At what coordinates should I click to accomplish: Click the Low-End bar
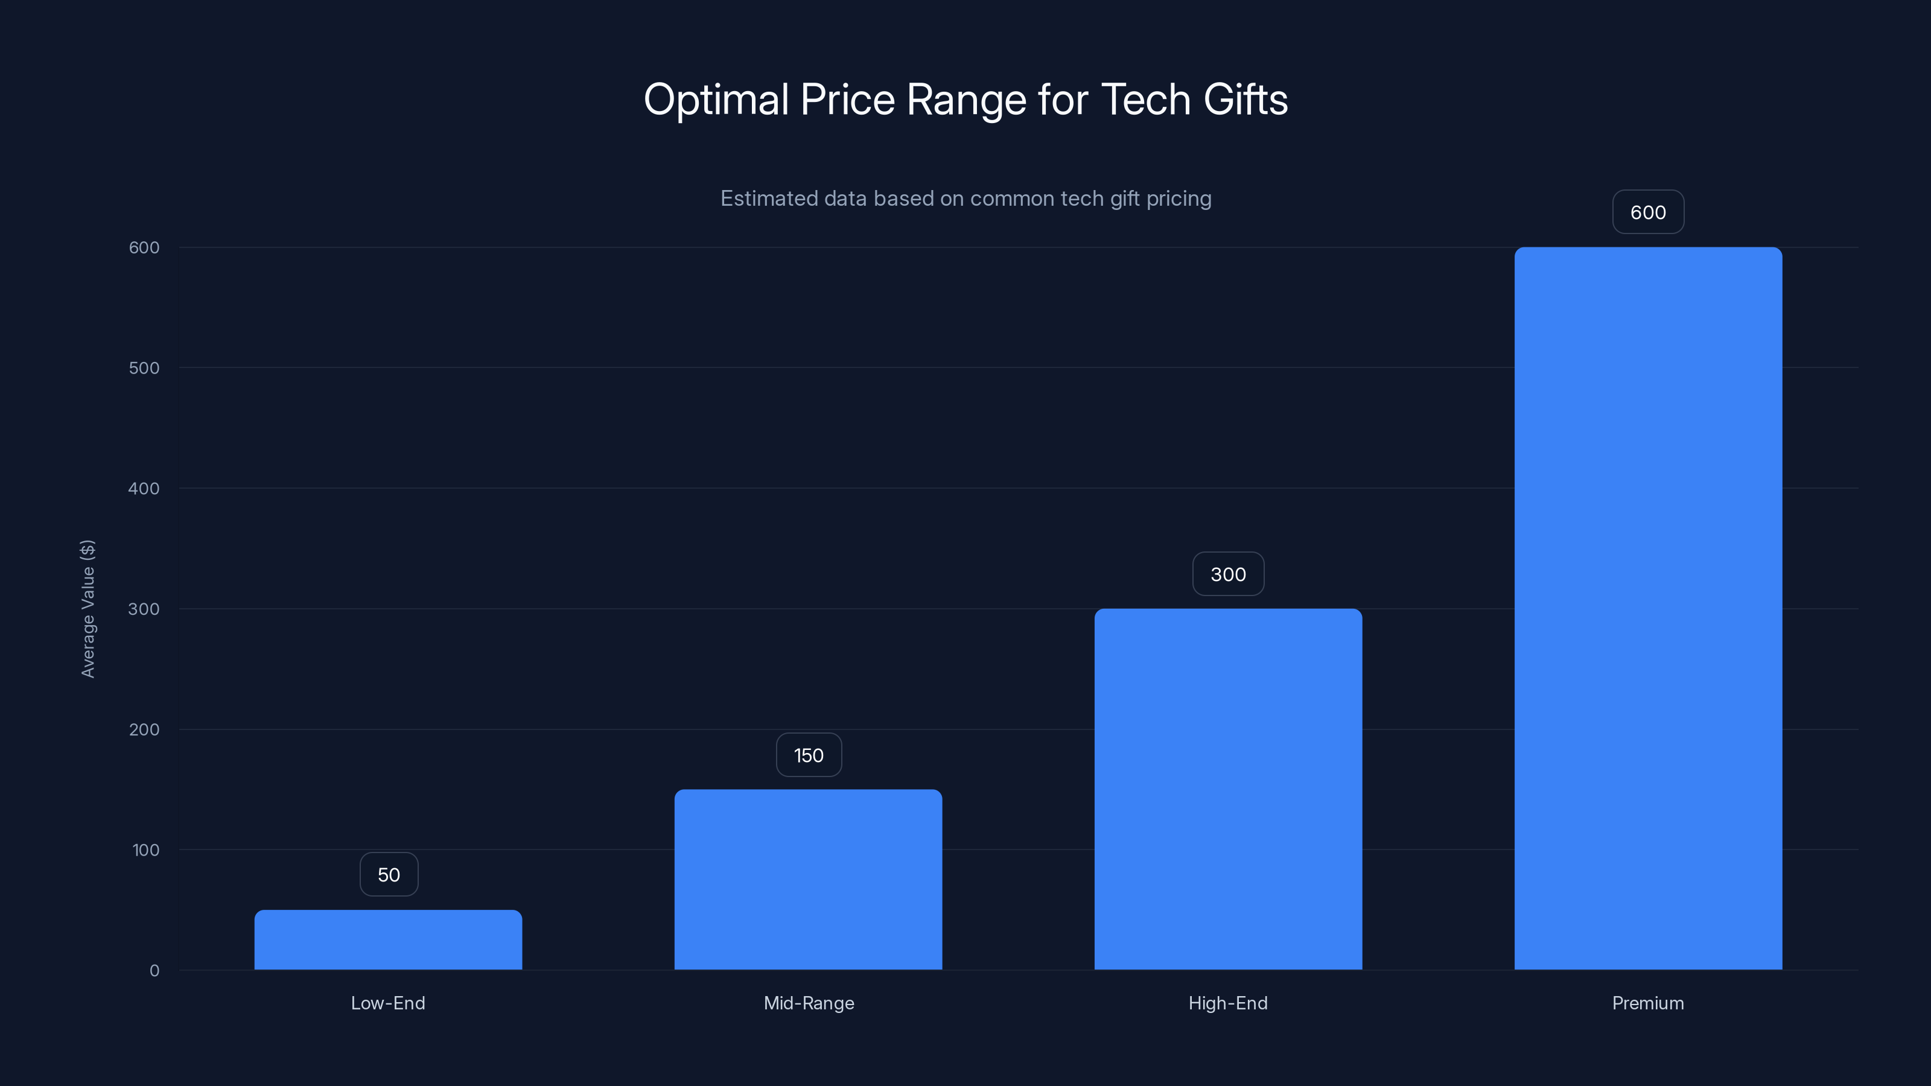[388, 940]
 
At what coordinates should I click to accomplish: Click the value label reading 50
[388, 875]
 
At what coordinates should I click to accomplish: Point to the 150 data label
[808, 755]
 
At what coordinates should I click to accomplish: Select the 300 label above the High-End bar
[1228, 574]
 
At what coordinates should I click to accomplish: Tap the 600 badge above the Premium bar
[1647, 212]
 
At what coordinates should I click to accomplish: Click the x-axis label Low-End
[387, 1003]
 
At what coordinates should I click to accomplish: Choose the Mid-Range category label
[808, 1003]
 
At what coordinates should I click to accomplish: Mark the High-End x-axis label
[1228, 1003]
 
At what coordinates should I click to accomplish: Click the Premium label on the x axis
[1647, 1003]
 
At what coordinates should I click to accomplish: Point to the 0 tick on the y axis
[154, 971]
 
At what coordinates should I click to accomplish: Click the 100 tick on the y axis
[145, 850]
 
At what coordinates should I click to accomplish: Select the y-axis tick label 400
[144, 489]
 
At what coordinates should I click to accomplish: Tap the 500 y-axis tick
[144, 368]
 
